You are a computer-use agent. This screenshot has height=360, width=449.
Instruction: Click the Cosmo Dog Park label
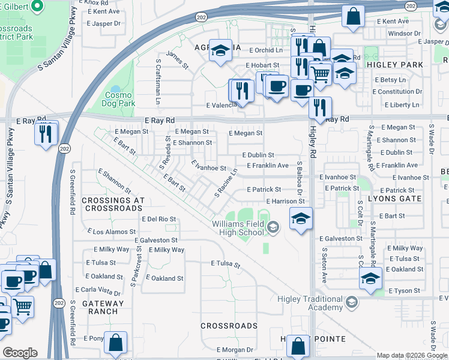point(120,99)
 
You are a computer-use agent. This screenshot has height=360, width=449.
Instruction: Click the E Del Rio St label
point(158,220)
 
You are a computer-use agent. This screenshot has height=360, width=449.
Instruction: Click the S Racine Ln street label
point(226,184)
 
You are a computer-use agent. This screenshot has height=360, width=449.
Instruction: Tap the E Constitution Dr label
point(397,92)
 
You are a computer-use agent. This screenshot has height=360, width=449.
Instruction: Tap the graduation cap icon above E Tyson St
point(370,278)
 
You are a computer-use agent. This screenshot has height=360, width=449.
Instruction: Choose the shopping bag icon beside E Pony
point(116,343)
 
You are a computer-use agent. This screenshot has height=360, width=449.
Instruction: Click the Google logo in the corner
point(19,353)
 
